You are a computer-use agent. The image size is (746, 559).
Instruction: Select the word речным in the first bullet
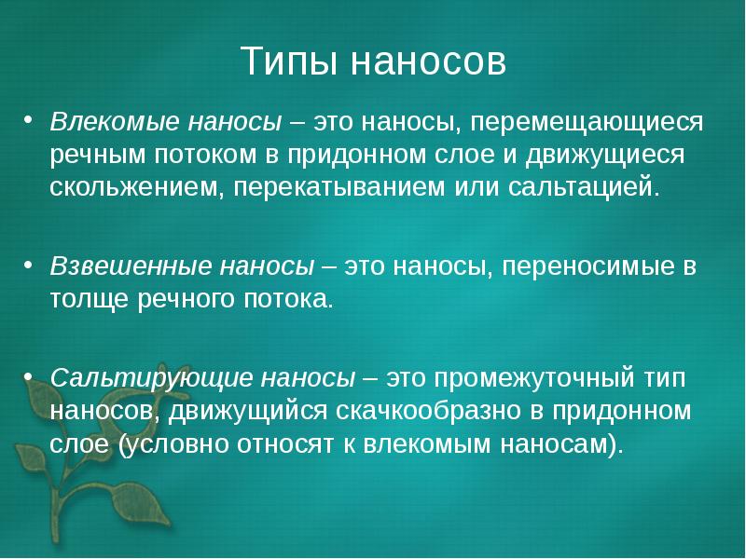[99, 155]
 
